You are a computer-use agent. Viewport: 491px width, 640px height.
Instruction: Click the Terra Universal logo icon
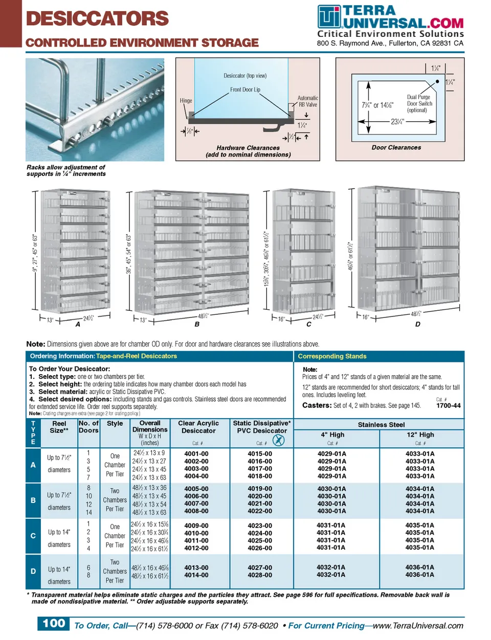point(328,17)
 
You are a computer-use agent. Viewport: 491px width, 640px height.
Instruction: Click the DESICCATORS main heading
point(97,18)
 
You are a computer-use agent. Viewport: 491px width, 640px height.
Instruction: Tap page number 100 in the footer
point(54,624)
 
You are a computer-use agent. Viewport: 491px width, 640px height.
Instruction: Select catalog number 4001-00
point(196,454)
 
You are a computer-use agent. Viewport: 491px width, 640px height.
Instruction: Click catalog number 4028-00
point(260,575)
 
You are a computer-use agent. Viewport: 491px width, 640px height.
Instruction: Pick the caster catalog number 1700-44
point(448,405)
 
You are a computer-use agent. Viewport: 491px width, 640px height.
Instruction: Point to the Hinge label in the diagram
point(186,101)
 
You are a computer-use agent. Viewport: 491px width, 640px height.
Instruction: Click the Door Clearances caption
point(396,147)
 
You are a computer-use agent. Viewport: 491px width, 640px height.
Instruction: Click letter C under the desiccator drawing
point(309,324)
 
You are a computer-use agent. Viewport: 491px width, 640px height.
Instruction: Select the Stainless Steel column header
point(381,425)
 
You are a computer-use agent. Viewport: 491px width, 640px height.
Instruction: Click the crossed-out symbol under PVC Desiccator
point(279,440)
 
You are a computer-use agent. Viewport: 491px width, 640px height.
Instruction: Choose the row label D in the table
point(33,572)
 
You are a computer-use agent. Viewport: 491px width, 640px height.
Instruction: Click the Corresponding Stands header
point(332,356)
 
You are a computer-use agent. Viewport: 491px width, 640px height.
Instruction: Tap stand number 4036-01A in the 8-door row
point(419,575)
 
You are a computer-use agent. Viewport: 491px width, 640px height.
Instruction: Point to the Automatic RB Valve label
point(308,101)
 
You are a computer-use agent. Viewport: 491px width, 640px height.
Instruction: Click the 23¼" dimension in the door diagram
point(397,122)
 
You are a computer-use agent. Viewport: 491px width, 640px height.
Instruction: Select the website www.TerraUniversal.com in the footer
point(418,626)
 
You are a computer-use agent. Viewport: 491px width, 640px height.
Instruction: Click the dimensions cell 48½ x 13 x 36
point(149,488)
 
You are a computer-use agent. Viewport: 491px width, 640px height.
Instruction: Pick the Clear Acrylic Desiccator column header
point(198,427)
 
